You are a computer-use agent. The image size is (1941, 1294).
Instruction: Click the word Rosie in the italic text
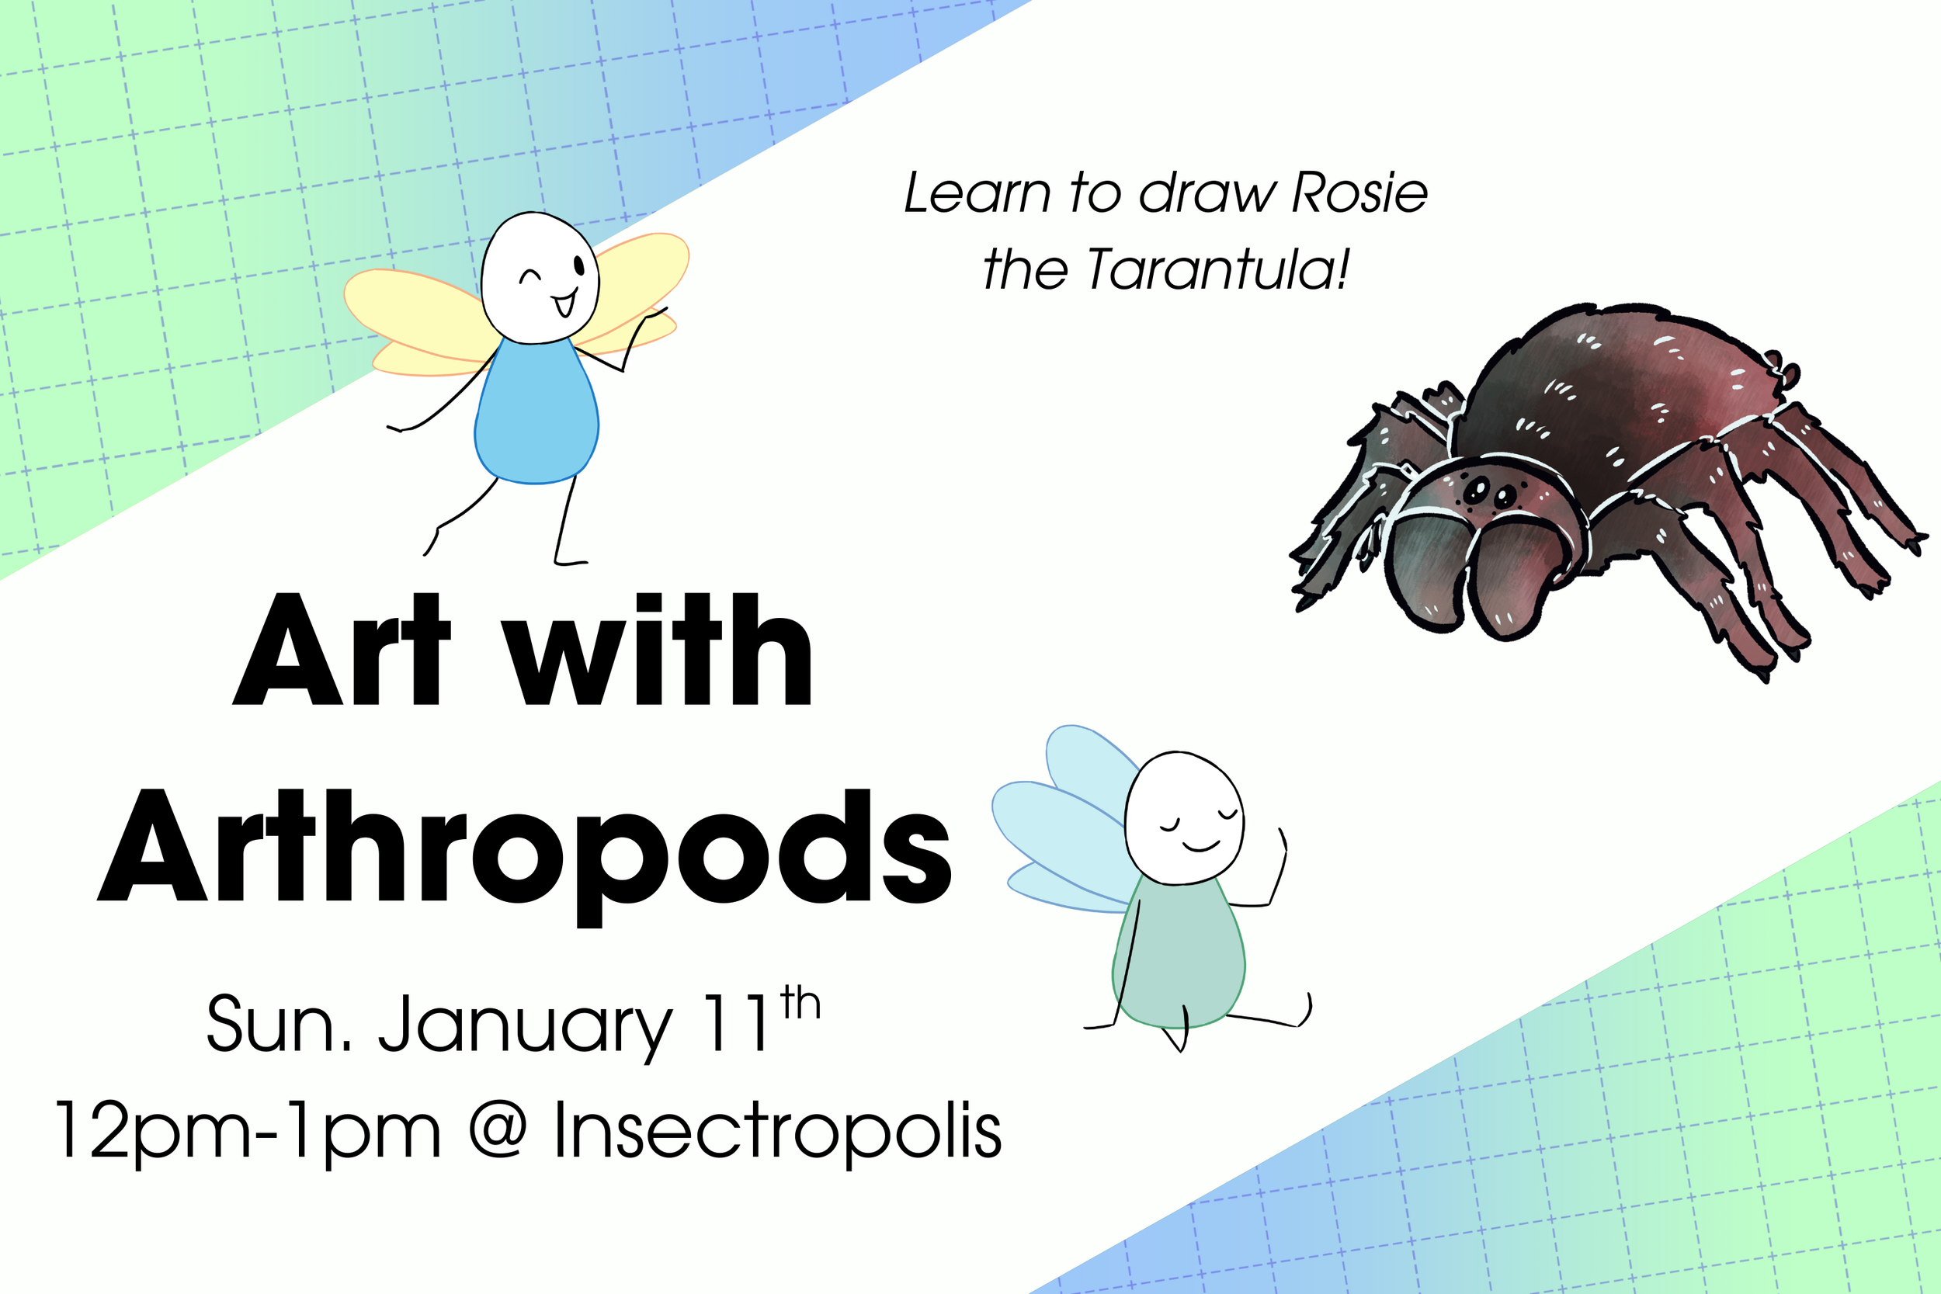click(x=1359, y=193)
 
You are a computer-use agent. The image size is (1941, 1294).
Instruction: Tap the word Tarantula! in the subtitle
click(x=1219, y=269)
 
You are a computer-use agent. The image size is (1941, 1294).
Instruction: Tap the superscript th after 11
click(x=800, y=1004)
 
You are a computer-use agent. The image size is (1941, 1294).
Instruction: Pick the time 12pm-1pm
click(x=248, y=1132)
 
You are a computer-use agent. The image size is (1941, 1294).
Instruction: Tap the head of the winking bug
click(x=540, y=277)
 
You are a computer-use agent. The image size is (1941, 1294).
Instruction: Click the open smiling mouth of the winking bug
click(x=564, y=304)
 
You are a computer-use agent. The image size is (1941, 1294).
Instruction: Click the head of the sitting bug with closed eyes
click(x=1184, y=817)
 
